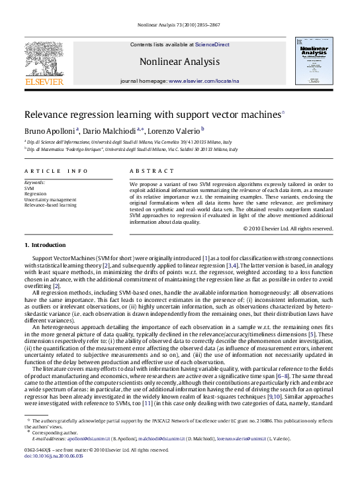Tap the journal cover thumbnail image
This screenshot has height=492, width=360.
pos(314,60)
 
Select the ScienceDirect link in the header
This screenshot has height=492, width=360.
pos(212,44)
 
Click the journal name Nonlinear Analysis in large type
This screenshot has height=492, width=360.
pos(179,62)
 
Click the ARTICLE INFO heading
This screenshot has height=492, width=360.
pos(56,171)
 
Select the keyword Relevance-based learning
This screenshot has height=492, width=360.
pos(50,205)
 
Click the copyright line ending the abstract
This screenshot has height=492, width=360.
pos(288,228)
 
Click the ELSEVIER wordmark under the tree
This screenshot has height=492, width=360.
pos(44,81)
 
